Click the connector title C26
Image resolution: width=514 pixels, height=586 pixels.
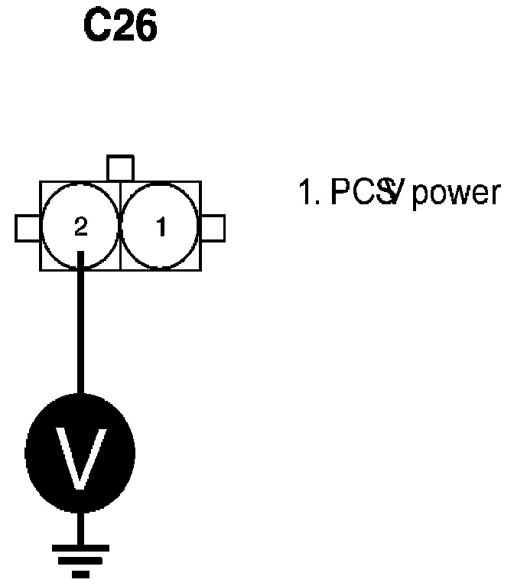pyautogui.click(x=120, y=27)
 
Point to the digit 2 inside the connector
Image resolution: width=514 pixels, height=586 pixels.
pyautogui.click(x=81, y=227)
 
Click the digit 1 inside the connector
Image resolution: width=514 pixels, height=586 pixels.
pyautogui.click(x=161, y=227)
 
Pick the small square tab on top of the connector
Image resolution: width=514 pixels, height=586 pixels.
pyautogui.click(x=120, y=168)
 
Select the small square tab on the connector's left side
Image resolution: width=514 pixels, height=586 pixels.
pyautogui.click(x=28, y=227)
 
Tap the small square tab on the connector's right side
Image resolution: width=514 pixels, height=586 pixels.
pyautogui.click(x=213, y=227)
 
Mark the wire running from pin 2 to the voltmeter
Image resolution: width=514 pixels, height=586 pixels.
pyautogui.click(x=80, y=329)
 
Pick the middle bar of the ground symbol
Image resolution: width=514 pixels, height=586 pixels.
pyautogui.click(x=80, y=559)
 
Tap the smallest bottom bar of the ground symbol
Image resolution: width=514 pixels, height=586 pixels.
pyautogui.click(x=80, y=572)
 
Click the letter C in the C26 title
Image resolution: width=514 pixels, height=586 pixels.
pyautogui.click(x=96, y=27)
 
